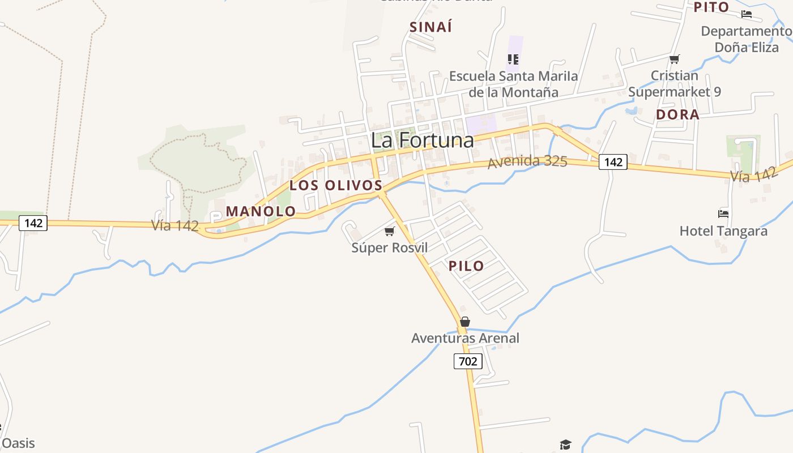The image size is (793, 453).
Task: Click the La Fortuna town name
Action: click(x=422, y=140)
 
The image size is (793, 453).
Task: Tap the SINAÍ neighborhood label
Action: click(x=431, y=27)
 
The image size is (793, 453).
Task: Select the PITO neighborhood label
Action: click(x=711, y=7)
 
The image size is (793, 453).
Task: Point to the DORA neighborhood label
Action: click(x=677, y=114)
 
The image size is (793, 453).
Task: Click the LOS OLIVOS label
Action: click(x=336, y=185)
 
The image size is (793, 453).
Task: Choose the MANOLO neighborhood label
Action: click(x=261, y=211)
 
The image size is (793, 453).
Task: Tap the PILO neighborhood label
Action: click(x=466, y=266)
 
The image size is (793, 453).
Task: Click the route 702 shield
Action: click(x=468, y=361)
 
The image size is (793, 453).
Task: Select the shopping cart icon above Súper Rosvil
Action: click(x=389, y=231)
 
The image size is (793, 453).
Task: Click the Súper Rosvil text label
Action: click(x=389, y=247)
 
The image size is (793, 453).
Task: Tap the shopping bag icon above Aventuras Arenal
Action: click(x=464, y=322)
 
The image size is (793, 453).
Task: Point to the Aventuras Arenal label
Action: click(x=464, y=338)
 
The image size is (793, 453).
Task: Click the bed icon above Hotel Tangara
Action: click(x=723, y=214)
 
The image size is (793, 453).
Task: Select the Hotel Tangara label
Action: click(x=723, y=231)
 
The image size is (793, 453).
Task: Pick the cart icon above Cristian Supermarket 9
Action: click(x=674, y=59)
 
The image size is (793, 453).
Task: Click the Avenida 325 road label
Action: click(x=527, y=161)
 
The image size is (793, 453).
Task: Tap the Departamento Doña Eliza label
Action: click(x=746, y=39)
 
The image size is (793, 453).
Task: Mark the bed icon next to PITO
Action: click(x=747, y=14)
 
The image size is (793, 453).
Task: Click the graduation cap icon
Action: click(x=565, y=445)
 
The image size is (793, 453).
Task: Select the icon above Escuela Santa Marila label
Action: click(x=513, y=59)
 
